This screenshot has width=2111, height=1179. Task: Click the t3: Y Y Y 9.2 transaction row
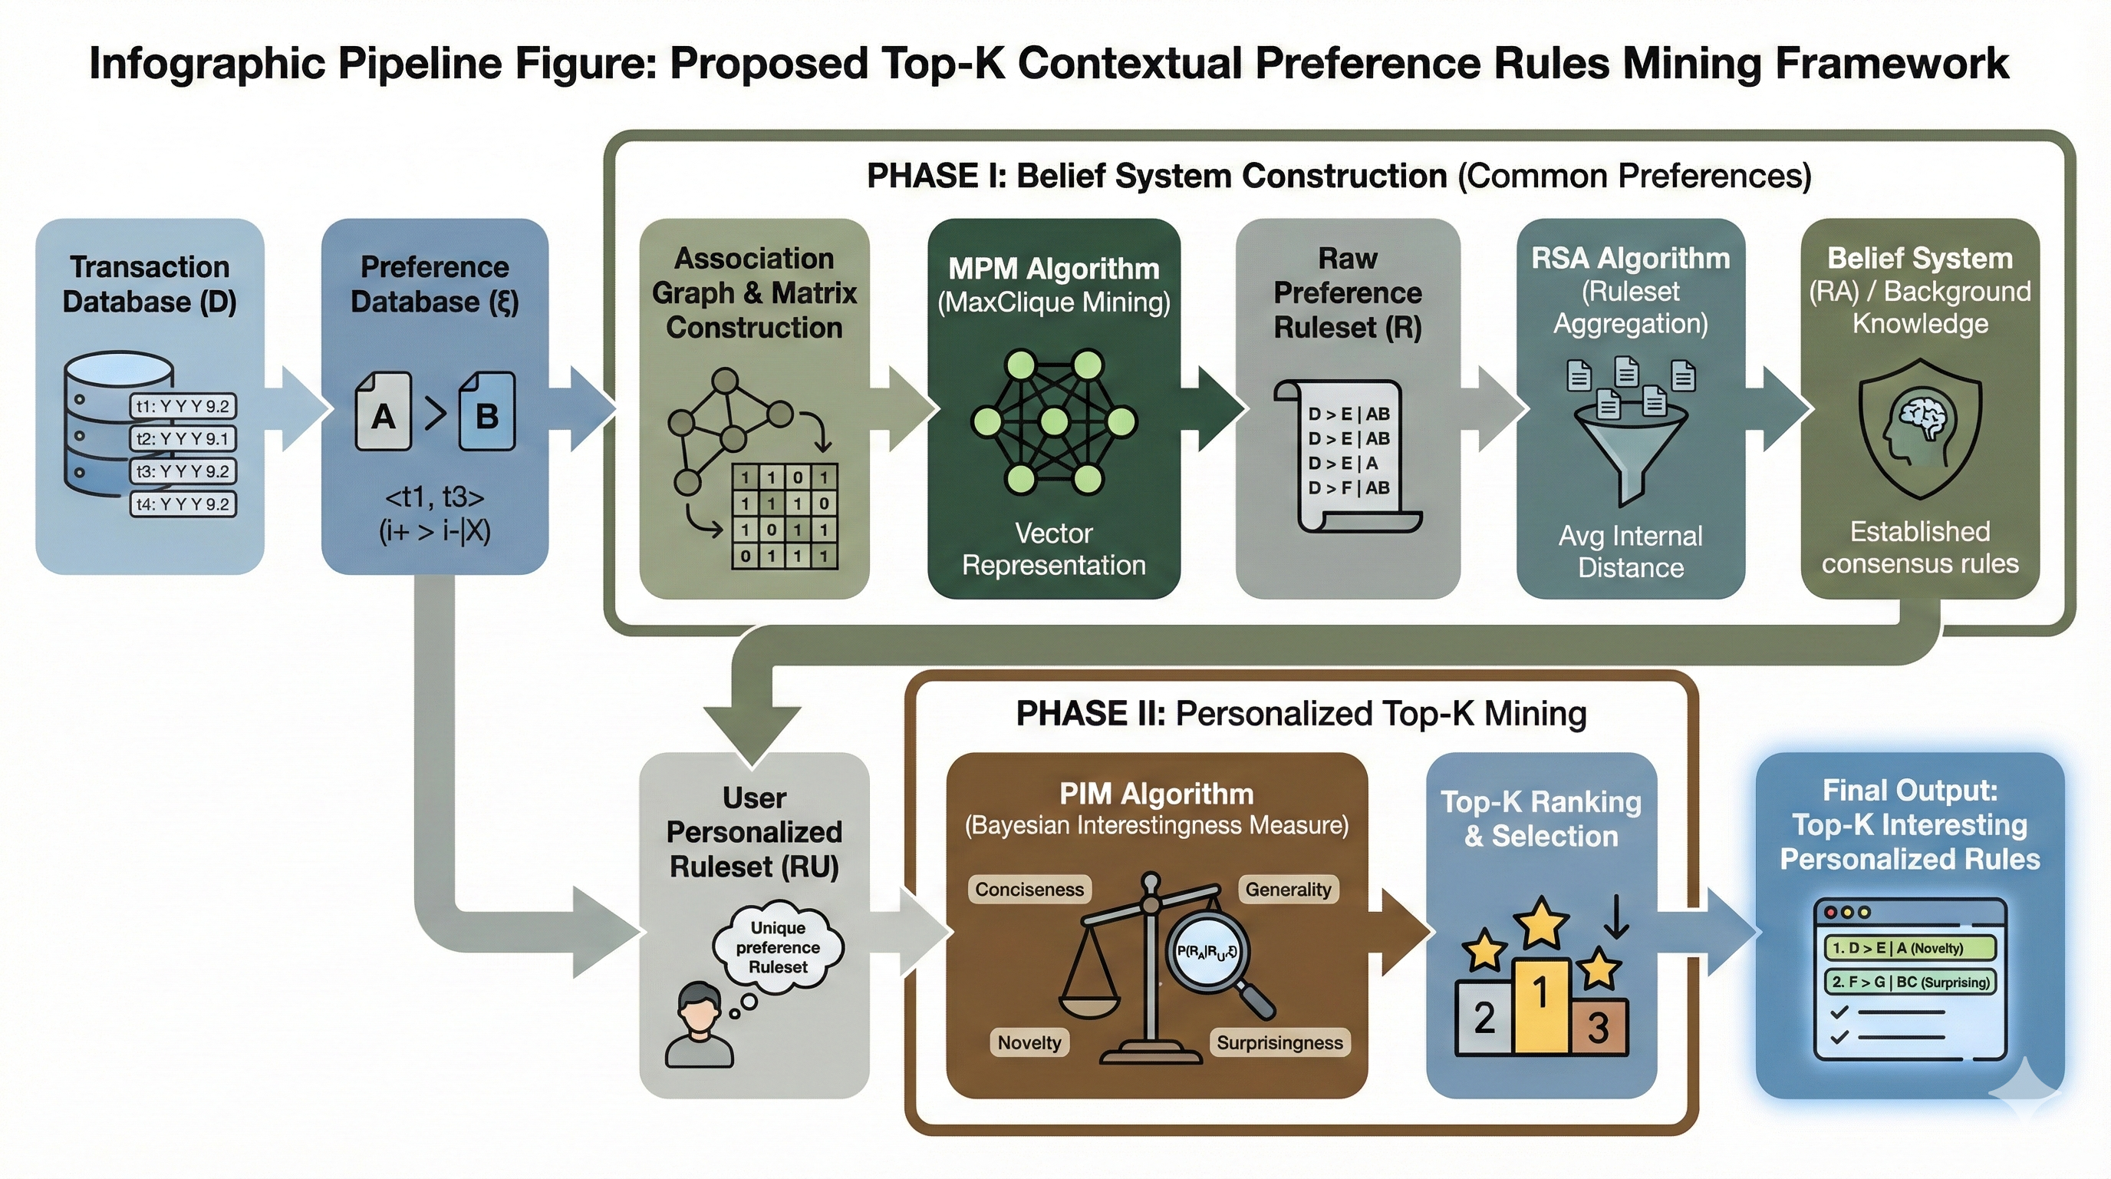click(x=183, y=471)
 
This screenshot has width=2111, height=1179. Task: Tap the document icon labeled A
click(x=383, y=411)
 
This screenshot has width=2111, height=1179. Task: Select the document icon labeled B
click(x=487, y=411)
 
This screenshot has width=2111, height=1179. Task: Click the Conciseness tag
click(x=1029, y=890)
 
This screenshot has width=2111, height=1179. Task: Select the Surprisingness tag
click(x=1279, y=1043)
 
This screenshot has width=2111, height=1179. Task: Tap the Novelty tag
click(x=1029, y=1043)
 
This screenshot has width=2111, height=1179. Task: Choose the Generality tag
click(x=1287, y=890)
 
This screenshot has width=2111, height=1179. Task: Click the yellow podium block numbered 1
click(x=1540, y=1004)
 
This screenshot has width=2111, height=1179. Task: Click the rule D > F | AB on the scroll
click(x=1349, y=488)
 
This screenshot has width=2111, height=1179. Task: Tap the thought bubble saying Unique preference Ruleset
click(x=778, y=948)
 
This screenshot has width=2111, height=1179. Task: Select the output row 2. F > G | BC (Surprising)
click(x=1910, y=982)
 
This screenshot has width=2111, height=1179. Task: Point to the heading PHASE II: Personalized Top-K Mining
click(x=1300, y=713)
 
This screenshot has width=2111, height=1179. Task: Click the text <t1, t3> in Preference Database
click(x=434, y=497)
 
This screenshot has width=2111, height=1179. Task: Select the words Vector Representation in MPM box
click(x=1053, y=549)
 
